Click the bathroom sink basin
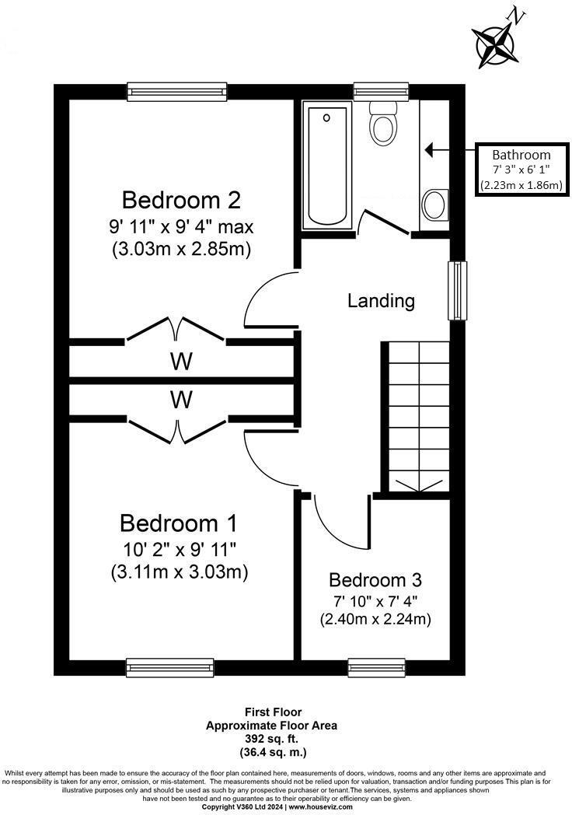click(x=434, y=205)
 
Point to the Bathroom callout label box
click(x=520, y=170)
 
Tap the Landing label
click(x=381, y=300)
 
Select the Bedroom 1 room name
click(x=179, y=522)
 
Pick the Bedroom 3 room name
click(x=375, y=579)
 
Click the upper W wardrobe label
click(x=182, y=362)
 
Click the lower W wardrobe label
click(x=182, y=400)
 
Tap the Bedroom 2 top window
click(x=177, y=91)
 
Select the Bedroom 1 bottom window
click(x=169, y=666)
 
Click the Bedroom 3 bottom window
click(x=376, y=666)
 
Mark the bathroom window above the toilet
click(x=380, y=91)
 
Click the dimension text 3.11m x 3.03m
click(x=179, y=572)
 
